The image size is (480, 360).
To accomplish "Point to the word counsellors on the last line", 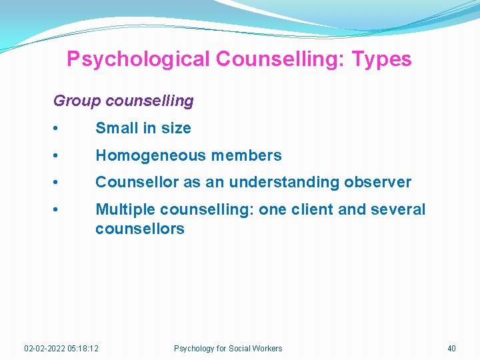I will [x=140, y=229].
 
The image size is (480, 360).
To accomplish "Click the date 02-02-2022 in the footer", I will [x=45, y=348].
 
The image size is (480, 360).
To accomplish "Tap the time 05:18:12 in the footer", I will [x=83, y=348].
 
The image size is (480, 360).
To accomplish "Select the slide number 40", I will [x=451, y=348].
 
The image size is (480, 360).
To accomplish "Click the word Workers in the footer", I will [x=267, y=348].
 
